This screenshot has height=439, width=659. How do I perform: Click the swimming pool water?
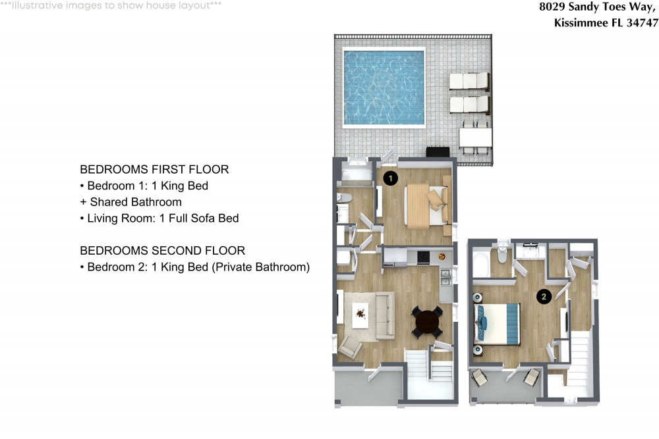(383, 88)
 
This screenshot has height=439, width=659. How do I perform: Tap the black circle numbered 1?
(390, 178)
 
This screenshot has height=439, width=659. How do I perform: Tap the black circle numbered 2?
(544, 297)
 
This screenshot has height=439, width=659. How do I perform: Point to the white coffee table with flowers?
(360, 314)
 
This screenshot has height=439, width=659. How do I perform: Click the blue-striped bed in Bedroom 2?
(499, 324)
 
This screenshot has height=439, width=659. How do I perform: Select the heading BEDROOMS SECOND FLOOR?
(162, 251)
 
